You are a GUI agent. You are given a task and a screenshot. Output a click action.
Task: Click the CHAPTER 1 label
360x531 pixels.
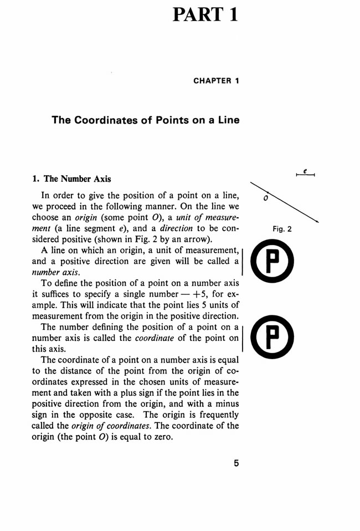pyautogui.click(x=216, y=81)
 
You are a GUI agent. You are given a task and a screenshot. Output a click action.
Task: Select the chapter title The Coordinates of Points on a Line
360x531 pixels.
pyautogui.click(x=146, y=120)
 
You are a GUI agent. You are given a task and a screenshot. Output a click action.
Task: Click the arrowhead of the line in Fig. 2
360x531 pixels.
pyautogui.click(x=317, y=222)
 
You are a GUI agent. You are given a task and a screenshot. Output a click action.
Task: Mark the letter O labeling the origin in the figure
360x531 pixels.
pyautogui.click(x=266, y=198)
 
